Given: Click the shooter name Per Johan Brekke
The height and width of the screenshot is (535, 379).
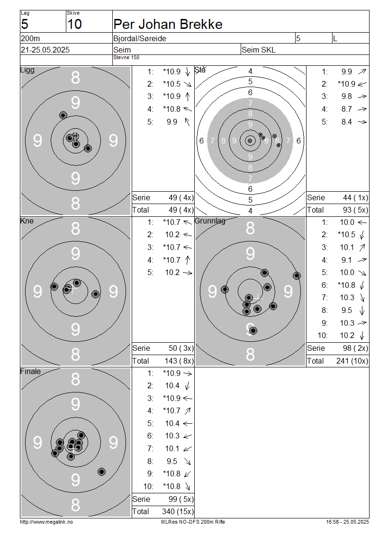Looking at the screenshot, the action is (x=168, y=24).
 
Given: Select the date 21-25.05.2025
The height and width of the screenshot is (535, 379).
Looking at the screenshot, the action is (x=45, y=50).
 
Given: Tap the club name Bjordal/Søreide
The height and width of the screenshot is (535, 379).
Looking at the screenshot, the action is (x=140, y=38).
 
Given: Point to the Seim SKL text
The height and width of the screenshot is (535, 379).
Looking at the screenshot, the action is (x=259, y=50).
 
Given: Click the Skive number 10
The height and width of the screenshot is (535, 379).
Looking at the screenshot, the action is (x=74, y=24).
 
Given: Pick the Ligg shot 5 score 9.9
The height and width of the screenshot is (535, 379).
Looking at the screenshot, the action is (x=172, y=122).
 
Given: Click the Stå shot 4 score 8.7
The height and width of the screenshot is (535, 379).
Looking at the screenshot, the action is (x=347, y=109).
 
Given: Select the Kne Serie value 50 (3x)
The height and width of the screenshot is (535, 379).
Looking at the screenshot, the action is (x=181, y=348).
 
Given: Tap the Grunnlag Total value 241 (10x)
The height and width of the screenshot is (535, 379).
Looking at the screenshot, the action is (x=352, y=361).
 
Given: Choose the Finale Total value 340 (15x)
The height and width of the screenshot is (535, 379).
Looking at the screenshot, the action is (x=178, y=511).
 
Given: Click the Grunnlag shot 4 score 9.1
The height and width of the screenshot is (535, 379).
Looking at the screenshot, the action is (x=347, y=260).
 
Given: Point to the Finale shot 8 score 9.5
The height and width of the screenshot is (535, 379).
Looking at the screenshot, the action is (x=172, y=461).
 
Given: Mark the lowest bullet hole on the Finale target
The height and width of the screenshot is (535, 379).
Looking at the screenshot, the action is (x=101, y=472).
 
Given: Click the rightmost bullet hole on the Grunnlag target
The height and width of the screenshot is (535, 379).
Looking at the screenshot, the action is (x=297, y=276).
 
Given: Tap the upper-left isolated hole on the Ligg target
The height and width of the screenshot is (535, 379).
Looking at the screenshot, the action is (x=63, y=116).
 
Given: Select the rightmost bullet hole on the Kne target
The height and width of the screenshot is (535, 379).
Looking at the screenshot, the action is (x=96, y=294).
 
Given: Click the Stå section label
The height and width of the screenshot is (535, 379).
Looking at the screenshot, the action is (x=200, y=70).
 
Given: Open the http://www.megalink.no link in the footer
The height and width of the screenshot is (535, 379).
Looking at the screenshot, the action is (x=46, y=522).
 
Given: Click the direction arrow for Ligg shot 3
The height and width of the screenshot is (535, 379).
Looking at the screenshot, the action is (x=188, y=97).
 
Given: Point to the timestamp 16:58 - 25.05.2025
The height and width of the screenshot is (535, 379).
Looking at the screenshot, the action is (x=347, y=522).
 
